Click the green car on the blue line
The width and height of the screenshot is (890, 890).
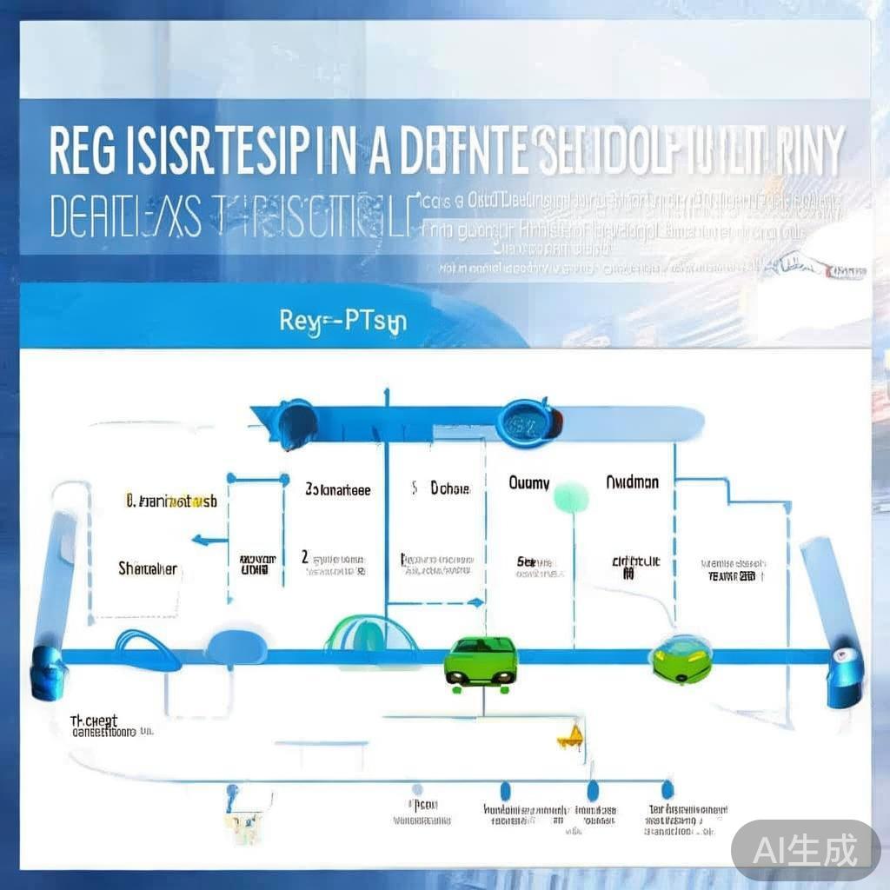tap(480, 661)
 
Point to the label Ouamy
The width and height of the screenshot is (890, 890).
tap(528, 482)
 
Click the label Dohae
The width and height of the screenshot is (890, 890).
tap(449, 489)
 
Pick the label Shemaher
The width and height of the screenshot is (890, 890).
tap(148, 569)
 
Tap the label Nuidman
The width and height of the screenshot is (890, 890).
tap(632, 482)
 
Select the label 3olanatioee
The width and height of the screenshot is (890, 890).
tap(338, 490)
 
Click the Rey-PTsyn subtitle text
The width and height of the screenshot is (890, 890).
tap(343, 321)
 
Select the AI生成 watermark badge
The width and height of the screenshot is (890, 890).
tap(805, 849)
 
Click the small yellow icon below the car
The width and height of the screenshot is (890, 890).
tap(568, 738)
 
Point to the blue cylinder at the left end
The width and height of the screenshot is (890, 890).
tap(48, 672)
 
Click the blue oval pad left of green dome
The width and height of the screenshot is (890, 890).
tap(234, 646)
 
